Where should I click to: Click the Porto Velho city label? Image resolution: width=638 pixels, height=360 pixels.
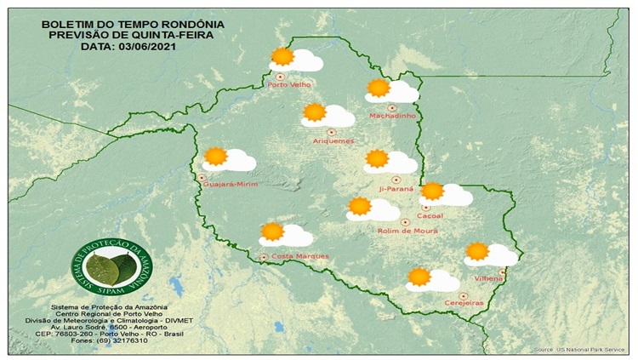pyautogui.click(x=289, y=85)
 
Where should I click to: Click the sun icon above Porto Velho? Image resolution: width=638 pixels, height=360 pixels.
pyautogui.click(x=282, y=58)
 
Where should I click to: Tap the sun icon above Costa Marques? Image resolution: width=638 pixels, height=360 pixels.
pyautogui.click(x=272, y=231)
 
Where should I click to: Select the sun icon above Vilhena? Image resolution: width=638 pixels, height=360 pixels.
pyautogui.click(x=477, y=251)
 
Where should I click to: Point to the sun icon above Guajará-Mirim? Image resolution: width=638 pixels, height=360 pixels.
pyautogui.click(x=216, y=156)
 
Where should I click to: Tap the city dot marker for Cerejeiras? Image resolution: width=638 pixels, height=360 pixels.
pyautogui.click(x=462, y=294)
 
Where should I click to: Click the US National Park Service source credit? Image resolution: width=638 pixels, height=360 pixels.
pyautogui.click(x=579, y=350)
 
